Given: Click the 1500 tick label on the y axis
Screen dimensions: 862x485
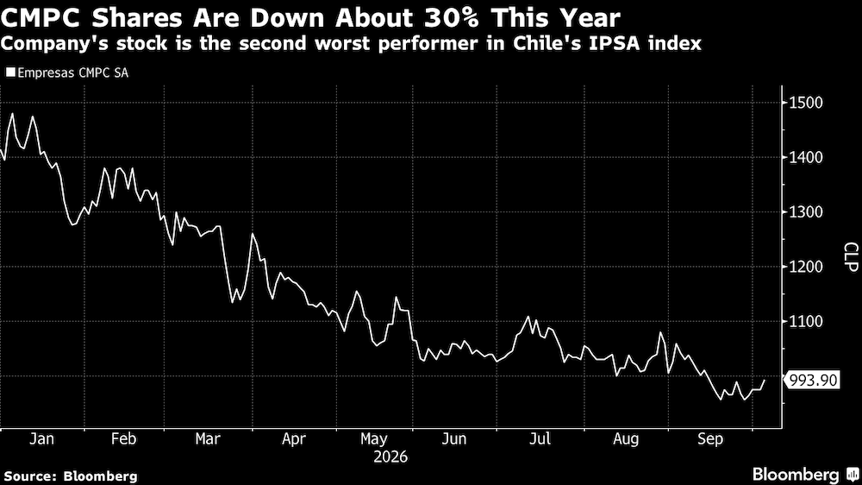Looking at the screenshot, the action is pyautogui.click(x=807, y=103).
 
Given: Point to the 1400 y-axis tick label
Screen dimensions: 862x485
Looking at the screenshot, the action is pyautogui.click(x=807, y=157).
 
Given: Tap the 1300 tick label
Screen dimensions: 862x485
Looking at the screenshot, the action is pyautogui.click(x=807, y=212).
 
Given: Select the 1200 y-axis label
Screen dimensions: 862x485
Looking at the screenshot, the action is pyautogui.click(x=807, y=267).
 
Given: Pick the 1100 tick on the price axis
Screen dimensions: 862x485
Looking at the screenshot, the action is pyautogui.click(x=807, y=322).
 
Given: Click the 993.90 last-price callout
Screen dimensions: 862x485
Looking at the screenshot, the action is pyautogui.click(x=813, y=380).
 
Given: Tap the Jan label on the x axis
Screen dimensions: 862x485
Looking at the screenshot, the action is pyautogui.click(x=41, y=438).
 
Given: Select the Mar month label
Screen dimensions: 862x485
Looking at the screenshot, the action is pyautogui.click(x=208, y=438).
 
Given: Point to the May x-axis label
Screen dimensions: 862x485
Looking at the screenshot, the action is pyautogui.click(x=374, y=438).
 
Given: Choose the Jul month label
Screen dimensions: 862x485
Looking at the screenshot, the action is pyautogui.click(x=540, y=438).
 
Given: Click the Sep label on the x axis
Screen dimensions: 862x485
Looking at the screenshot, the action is pyautogui.click(x=710, y=438).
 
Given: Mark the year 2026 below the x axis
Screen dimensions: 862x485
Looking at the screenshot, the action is pyautogui.click(x=390, y=457).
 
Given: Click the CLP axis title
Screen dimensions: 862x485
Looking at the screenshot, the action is pyautogui.click(x=851, y=256).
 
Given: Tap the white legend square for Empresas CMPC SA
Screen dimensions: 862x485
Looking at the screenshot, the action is pyautogui.click(x=10, y=72).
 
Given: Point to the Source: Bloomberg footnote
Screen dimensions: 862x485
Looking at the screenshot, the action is pyautogui.click(x=71, y=476).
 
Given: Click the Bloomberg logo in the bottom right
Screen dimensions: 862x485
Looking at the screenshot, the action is pyautogui.click(x=805, y=475).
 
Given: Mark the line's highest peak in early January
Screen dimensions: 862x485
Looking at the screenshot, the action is pyautogui.click(x=12, y=114).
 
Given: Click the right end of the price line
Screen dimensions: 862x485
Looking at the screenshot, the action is pyautogui.click(x=764, y=381).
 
